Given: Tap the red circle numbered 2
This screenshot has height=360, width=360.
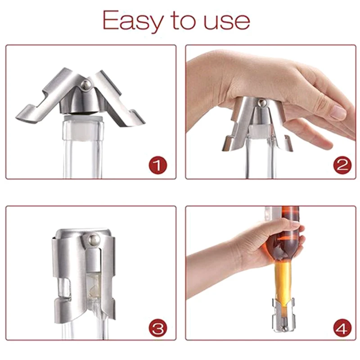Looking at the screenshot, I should tap(342, 166).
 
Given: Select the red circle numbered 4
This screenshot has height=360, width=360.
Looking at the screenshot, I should tap(342, 327).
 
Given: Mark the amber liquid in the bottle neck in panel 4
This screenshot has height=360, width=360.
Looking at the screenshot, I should tap(282, 279).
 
